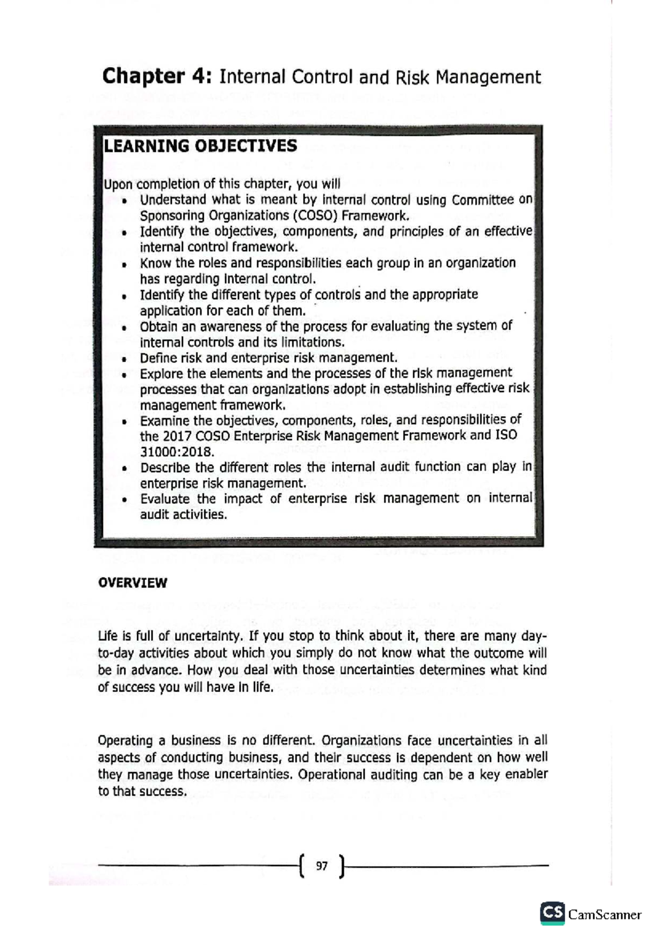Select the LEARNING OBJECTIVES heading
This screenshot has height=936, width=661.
201,146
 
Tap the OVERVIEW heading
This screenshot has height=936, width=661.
132,583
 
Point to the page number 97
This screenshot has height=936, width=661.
322,866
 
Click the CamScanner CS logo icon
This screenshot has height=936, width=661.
552,913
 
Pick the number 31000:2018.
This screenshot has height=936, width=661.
176,452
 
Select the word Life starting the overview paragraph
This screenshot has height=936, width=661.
108,636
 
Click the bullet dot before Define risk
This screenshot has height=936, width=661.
125,359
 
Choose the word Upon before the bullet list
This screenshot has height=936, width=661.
118,184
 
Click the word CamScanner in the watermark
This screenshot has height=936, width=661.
604,915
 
